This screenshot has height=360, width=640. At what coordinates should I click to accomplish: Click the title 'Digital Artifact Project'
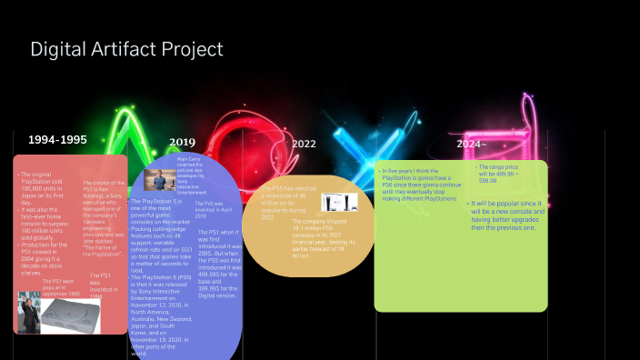(x=126, y=49)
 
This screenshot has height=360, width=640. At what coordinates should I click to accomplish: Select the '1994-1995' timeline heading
(x=57, y=140)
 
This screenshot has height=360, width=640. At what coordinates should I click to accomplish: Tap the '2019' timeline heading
(x=182, y=142)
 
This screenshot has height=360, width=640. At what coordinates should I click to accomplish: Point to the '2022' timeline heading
(x=304, y=144)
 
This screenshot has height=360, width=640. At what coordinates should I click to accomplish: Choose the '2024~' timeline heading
(x=472, y=144)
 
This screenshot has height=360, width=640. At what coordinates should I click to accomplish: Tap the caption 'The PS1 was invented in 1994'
(x=101, y=285)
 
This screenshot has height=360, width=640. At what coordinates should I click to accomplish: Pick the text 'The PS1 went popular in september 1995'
(x=60, y=286)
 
